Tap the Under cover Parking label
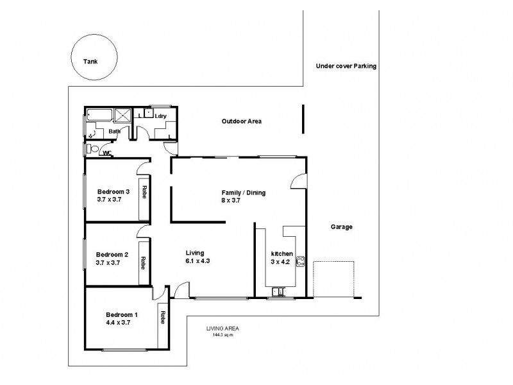(346, 66)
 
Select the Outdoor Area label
(241, 121)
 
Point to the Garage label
(341, 227)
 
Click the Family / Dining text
(243, 193)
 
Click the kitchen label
(282, 254)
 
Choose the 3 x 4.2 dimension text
(282, 262)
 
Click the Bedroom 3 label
(114, 191)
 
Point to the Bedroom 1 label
(122, 314)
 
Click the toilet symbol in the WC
(92, 149)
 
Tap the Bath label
(114, 132)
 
